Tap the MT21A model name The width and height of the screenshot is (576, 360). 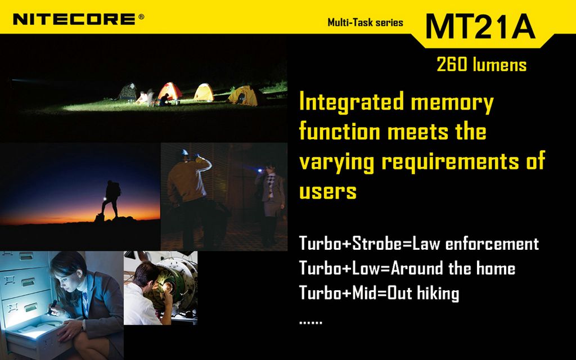(x=480, y=26)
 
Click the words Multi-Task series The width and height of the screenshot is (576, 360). (x=365, y=22)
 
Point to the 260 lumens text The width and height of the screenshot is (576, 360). (x=481, y=64)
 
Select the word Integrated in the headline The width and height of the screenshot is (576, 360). (x=351, y=102)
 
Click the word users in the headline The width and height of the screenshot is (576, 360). (x=328, y=191)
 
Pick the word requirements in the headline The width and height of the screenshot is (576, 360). (x=451, y=161)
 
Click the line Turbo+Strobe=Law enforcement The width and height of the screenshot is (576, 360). (x=418, y=244)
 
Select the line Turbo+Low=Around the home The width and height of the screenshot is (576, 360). (x=407, y=268)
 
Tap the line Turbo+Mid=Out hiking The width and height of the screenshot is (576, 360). (x=379, y=293)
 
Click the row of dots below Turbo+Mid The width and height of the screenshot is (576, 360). (x=310, y=322)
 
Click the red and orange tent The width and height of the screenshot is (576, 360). (x=169, y=92)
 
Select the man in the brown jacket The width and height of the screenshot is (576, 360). (x=189, y=199)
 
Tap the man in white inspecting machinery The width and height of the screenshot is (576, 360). (x=147, y=294)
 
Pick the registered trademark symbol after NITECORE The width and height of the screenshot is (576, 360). (x=141, y=16)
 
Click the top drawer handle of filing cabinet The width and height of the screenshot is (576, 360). (x=26, y=256)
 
